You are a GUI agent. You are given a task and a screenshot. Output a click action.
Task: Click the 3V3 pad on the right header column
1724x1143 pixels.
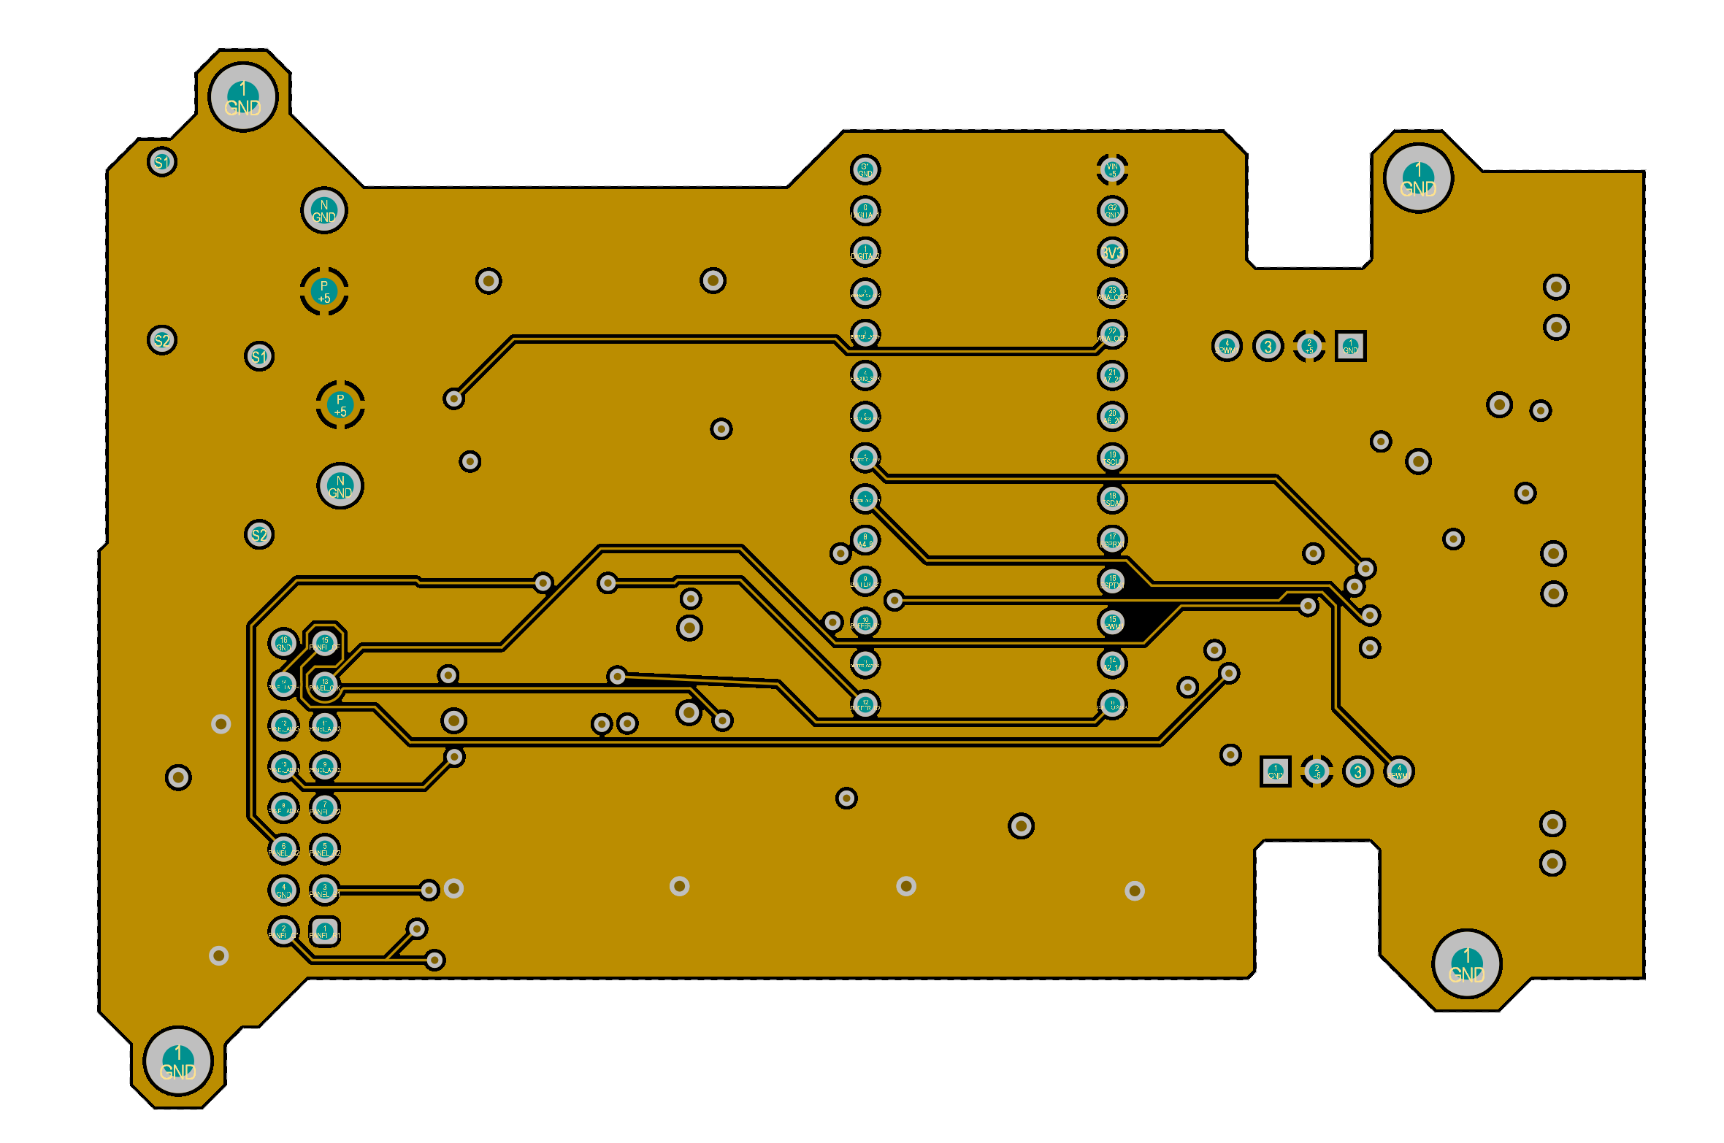1112,252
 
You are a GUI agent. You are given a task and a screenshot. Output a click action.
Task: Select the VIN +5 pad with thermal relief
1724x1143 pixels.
1112,170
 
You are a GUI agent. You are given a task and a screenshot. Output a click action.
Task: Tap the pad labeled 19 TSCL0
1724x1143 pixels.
1112,458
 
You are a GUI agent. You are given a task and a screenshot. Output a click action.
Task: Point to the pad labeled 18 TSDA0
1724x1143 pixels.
1112,499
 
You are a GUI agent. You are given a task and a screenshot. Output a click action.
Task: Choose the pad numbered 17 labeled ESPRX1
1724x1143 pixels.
1112,540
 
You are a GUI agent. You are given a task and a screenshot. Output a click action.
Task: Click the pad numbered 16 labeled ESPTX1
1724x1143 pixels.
1112,581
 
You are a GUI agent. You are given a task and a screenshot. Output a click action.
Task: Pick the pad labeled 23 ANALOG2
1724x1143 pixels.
1112,293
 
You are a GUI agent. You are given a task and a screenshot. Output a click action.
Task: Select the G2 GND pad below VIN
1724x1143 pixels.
1112,211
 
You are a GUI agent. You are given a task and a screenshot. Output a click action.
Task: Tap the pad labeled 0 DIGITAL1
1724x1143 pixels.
865,211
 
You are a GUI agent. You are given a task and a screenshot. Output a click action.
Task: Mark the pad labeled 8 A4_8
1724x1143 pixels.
865,540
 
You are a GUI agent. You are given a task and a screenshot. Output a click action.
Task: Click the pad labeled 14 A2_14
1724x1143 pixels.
1112,663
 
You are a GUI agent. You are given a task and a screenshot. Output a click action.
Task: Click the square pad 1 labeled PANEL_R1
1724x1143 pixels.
325,931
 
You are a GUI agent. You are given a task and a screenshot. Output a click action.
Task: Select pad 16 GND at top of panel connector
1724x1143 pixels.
283,643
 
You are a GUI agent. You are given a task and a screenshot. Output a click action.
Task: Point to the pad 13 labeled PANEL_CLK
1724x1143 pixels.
325,684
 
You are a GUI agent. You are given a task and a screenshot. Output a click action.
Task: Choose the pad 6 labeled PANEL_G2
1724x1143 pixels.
283,849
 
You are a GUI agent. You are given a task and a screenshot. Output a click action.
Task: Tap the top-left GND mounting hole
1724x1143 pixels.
243,97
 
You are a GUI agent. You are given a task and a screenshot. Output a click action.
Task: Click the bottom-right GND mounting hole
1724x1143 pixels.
1466,963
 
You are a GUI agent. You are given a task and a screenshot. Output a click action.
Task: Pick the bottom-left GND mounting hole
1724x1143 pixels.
178,1061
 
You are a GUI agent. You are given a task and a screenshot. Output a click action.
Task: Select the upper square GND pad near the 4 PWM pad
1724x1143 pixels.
1350,346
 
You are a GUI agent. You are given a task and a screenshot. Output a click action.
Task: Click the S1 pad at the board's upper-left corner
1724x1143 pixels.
162,161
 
